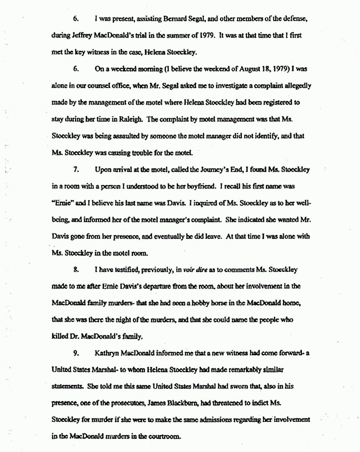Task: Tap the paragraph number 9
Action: [76, 354]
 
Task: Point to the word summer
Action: [175, 36]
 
